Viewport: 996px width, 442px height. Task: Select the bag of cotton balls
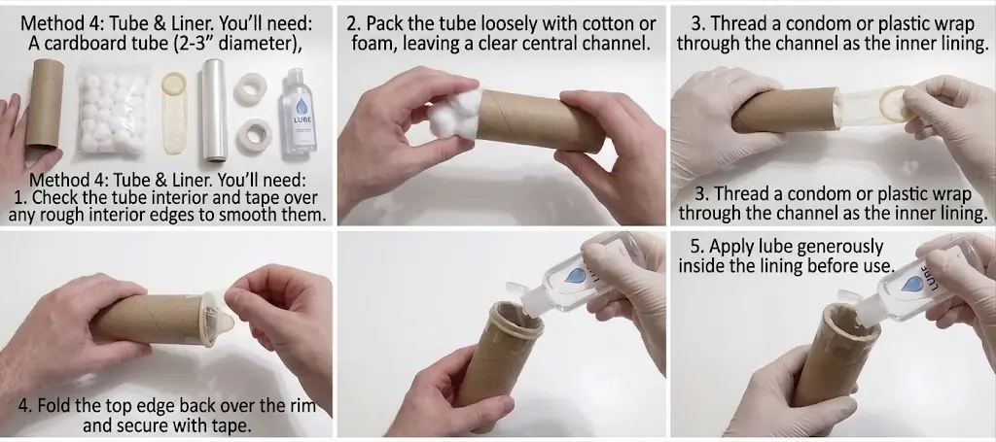114,109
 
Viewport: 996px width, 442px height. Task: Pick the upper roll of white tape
250,88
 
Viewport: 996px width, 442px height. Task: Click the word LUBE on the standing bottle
302,119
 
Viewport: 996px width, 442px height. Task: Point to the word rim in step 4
302,405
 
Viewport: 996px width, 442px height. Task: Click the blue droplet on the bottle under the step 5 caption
912,284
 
